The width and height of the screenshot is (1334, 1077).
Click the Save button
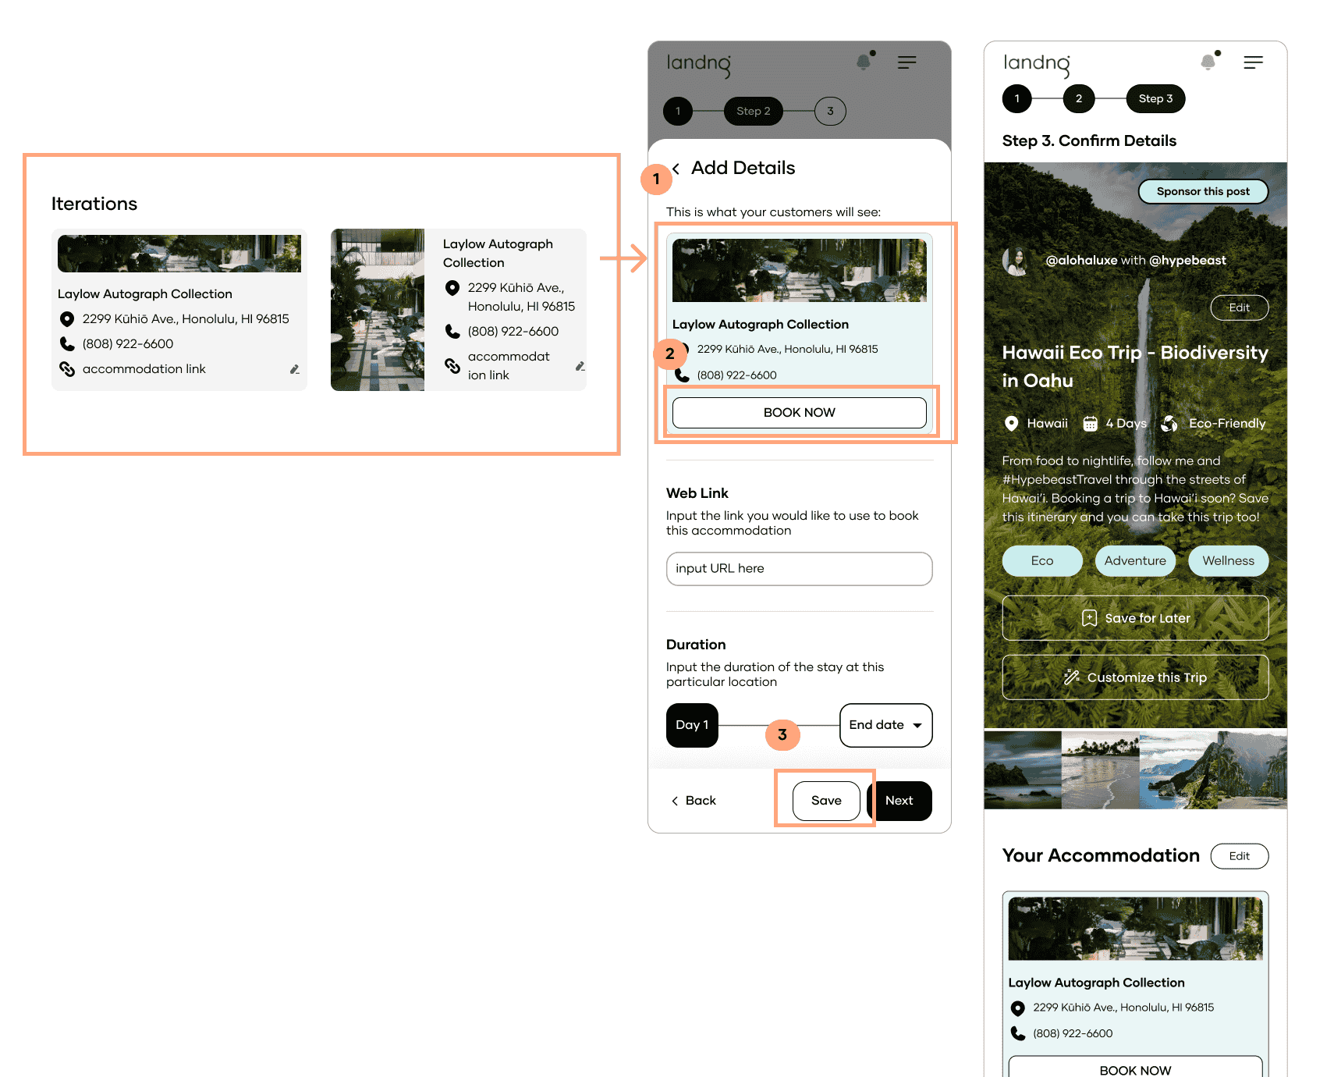coord(826,801)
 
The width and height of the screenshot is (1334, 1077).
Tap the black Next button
coord(899,801)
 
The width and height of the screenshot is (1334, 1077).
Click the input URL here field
coord(799,569)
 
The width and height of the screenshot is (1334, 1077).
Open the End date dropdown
coord(885,725)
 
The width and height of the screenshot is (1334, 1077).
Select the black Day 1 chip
coord(692,725)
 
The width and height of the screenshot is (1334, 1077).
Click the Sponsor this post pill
coord(1203,191)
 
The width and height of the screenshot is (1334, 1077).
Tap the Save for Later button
coord(1135,618)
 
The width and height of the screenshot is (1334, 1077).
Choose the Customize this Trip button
coord(1135,677)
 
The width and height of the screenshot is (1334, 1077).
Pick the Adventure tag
coord(1135,560)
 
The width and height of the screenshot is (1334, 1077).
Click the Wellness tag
coord(1229,560)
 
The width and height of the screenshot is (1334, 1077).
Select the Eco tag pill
coord(1042,560)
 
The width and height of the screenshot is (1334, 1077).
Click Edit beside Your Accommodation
coord(1240,856)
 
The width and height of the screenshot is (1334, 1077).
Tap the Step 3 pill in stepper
coord(1155,98)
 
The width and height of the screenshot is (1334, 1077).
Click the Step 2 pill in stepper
coord(754,111)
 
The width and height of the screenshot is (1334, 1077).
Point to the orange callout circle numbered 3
coord(782,734)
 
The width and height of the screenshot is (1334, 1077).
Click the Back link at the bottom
coord(694,801)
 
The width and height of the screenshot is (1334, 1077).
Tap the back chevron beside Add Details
coord(676,169)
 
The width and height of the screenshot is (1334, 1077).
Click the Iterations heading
coord(94,204)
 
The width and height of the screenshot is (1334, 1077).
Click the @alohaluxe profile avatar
coord(1016,261)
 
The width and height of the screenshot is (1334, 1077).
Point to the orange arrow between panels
coord(623,258)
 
